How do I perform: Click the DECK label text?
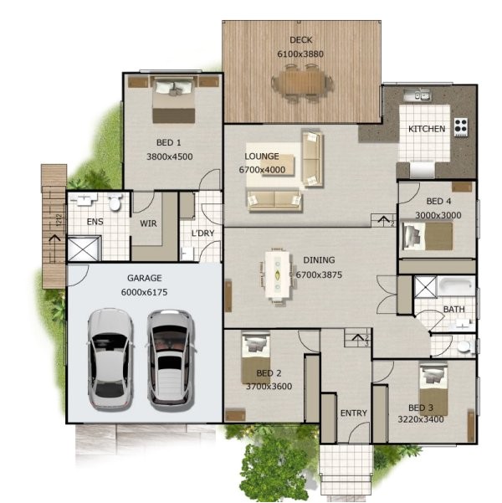[300, 40]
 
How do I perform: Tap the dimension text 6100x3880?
[300, 54]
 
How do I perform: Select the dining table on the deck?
[300, 83]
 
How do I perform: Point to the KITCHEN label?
[426, 130]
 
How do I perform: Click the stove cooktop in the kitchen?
[461, 127]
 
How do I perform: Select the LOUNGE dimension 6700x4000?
[263, 170]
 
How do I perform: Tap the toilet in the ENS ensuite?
[115, 202]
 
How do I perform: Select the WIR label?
[148, 223]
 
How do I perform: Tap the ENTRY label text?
[354, 413]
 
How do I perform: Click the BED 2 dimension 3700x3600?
[269, 387]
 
